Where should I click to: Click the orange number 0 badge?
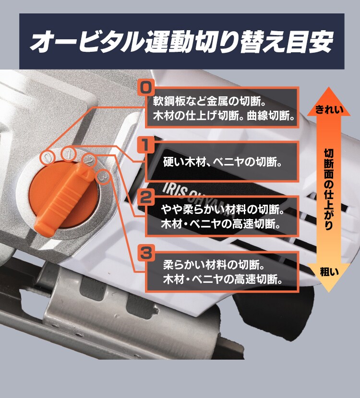coord(145,88)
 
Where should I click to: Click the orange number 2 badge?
coord(145,196)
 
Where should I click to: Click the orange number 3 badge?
coord(145,251)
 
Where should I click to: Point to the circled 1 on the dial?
coord(69,154)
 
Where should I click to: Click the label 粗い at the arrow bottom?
coord(329,272)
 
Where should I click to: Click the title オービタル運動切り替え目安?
coord(181,42)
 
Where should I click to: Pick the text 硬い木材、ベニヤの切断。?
coord(221,162)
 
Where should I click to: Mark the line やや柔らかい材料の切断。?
coord(221,210)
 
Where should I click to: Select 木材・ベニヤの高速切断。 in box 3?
coord(222,279)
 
